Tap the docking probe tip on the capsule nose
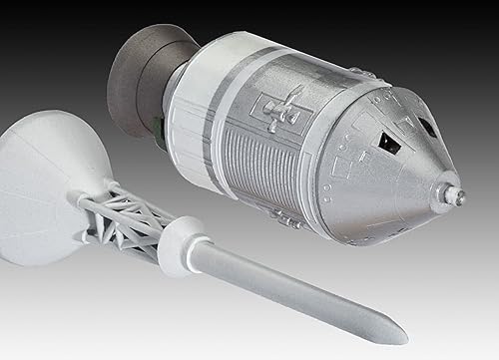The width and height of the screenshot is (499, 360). (457, 196)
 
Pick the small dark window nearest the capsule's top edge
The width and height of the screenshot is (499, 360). (426, 127)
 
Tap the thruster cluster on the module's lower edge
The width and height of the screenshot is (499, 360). (286, 217)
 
